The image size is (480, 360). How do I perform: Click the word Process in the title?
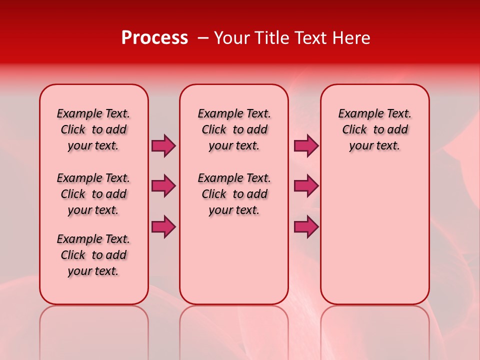[x=154, y=37]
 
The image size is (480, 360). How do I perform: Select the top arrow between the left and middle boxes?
[x=163, y=145]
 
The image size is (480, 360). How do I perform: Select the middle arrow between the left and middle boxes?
[x=163, y=186]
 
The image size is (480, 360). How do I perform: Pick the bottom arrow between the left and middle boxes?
[x=163, y=226]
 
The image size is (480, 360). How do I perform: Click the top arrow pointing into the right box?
[x=306, y=145]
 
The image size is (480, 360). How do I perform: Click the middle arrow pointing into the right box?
[x=306, y=186]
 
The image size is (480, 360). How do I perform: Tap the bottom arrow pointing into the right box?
[x=306, y=226]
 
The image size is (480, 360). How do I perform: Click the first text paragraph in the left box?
[x=93, y=129]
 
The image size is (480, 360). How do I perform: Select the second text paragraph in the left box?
[x=93, y=194]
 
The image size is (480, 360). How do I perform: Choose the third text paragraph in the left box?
[x=93, y=255]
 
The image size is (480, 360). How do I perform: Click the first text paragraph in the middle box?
[x=234, y=129]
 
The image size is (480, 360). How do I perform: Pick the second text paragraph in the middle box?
[x=234, y=194]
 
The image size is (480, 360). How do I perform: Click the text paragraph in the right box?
[x=374, y=129]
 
